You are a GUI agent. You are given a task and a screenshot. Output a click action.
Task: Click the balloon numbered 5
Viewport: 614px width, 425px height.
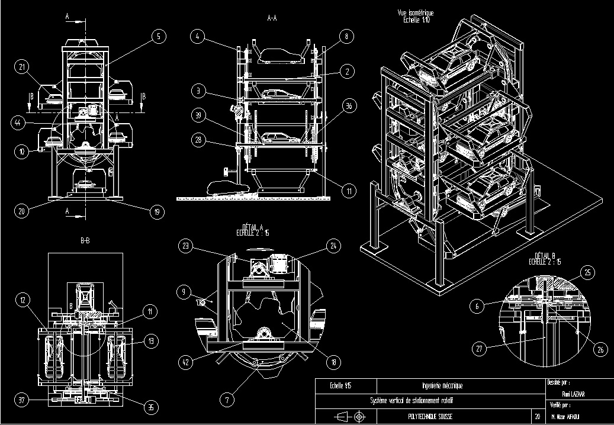(159, 36)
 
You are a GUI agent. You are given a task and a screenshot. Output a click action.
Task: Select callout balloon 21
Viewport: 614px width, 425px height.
(22, 67)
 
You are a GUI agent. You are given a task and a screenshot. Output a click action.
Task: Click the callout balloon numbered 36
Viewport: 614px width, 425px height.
(350, 107)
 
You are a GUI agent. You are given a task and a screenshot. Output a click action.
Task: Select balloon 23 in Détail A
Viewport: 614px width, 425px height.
(187, 246)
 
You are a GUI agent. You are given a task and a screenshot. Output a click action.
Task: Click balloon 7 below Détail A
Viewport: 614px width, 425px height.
(226, 400)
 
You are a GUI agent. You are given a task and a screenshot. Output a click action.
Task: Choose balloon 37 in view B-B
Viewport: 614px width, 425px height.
(22, 400)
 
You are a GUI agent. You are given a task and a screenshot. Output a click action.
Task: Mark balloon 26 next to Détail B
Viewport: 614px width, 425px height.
(600, 350)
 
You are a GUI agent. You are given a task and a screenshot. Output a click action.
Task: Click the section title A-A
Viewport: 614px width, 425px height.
(272, 18)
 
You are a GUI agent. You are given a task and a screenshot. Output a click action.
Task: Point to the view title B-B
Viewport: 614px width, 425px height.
(85, 241)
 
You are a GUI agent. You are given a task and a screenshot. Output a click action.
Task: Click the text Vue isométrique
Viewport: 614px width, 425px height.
(416, 13)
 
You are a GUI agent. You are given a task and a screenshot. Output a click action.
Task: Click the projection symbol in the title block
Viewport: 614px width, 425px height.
(349, 417)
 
